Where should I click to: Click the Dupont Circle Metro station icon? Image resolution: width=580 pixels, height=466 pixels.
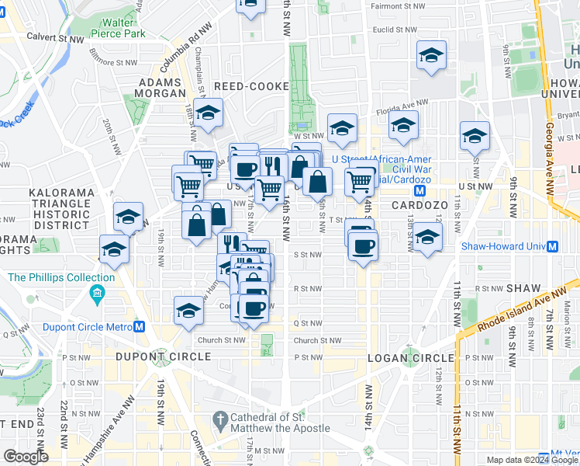pos(140,327)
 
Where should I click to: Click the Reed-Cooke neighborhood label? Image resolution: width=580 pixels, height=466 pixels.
pos(251,86)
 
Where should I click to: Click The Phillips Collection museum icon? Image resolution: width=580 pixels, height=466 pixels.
pos(97,294)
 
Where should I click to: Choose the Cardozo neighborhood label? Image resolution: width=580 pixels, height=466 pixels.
pos(416,205)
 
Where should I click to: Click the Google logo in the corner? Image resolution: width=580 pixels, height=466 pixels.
pos(26,457)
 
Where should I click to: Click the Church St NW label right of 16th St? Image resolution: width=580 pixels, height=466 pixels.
pos(317,340)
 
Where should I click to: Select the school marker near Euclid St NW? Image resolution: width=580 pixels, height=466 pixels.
pos(431,57)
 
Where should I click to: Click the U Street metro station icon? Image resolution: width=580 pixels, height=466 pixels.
pos(420,190)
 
